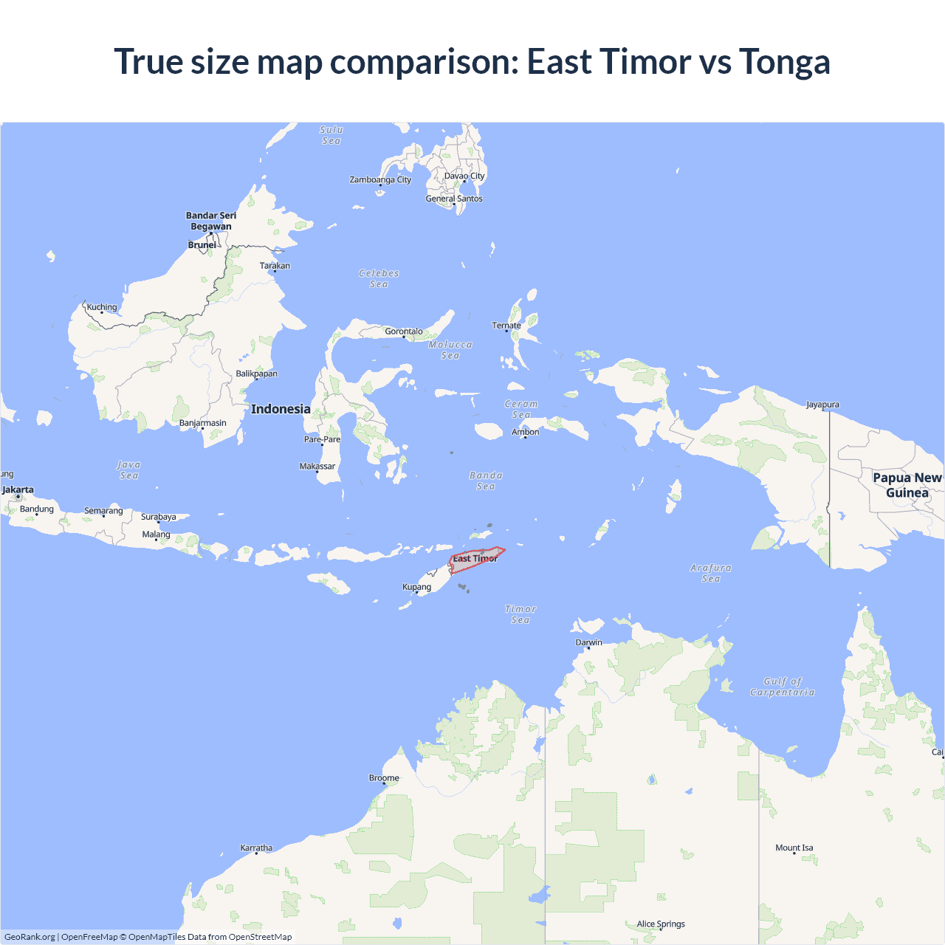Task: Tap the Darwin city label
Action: tap(588, 642)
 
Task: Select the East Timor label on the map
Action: tap(475, 559)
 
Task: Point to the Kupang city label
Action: tap(416, 587)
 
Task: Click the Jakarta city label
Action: tap(18, 489)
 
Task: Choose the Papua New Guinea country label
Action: tap(907, 485)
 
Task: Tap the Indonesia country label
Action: tap(281, 409)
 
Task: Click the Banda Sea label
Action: tap(486, 481)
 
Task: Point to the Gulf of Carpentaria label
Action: tap(782, 687)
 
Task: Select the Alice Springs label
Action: tap(661, 924)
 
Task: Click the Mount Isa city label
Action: tap(794, 848)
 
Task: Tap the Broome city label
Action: tap(384, 777)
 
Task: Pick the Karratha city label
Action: tap(256, 848)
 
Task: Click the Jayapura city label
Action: tap(822, 405)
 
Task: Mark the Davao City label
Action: tap(464, 176)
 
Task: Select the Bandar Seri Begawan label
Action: tap(211, 221)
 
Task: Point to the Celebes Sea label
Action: tap(379, 278)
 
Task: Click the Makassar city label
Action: tap(317, 466)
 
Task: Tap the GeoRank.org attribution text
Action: tap(30, 937)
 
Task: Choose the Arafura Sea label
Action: tap(711, 573)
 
